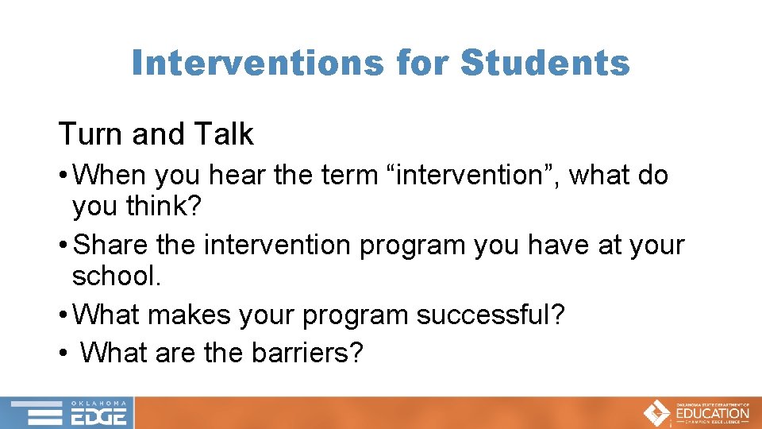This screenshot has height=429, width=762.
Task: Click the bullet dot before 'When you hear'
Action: (x=63, y=176)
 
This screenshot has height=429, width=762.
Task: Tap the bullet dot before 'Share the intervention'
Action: (x=63, y=245)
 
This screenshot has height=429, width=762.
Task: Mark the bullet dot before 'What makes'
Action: (x=63, y=315)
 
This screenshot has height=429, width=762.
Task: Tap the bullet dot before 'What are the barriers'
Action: (x=63, y=352)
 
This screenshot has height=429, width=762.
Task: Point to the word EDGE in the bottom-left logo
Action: (x=99, y=417)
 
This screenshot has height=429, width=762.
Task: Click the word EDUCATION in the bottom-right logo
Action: (x=712, y=413)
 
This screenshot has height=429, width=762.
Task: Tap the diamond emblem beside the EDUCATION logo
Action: (x=656, y=413)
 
